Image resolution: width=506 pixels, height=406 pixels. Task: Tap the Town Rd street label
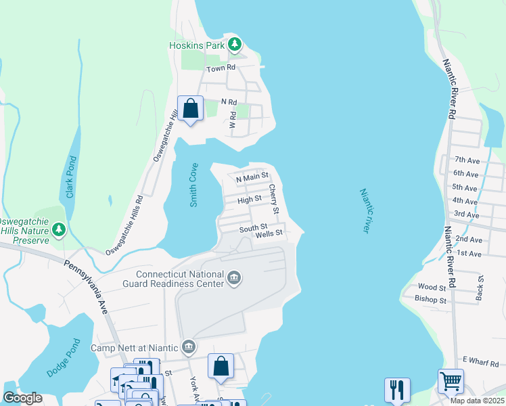(x=221, y=68)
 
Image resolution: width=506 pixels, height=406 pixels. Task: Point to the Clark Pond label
(x=70, y=178)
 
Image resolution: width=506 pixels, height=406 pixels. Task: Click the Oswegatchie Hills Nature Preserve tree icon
(x=59, y=230)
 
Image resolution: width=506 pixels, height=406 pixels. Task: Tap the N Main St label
(x=252, y=177)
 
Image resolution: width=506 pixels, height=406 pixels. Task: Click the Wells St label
(x=268, y=234)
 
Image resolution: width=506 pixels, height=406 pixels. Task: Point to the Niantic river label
(x=364, y=211)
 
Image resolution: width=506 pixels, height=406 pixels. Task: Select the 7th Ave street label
(x=466, y=160)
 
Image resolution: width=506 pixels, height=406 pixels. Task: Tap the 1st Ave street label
(x=469, y=253)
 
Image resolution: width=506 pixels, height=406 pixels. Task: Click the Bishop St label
(x=431, y=300)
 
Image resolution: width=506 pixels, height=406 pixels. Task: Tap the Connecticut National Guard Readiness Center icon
(x=234, y=279)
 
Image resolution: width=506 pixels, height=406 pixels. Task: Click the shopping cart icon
(x=451, y=380)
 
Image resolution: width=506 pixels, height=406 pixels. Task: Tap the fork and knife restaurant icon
(x=397, y=389)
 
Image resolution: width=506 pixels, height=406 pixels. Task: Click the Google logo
(x=22, y=398)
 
